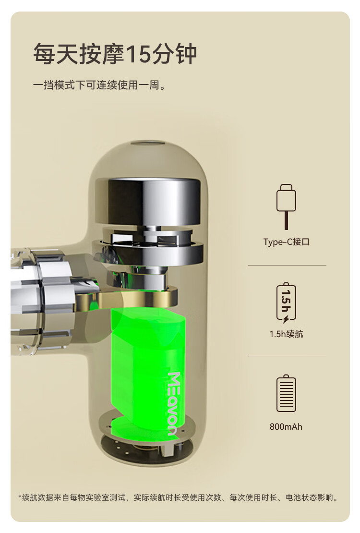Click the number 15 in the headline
(x=138, y=54)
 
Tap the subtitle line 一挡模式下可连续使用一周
(x=100, y=85)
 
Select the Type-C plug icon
(x=286, y=206)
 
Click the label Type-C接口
(x=286, y=242)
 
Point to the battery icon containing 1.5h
(x=286, y=303)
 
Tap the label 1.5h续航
(x=286, y=334)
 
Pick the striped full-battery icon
(x=286, y=393)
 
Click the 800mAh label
(x=286, y=426)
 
